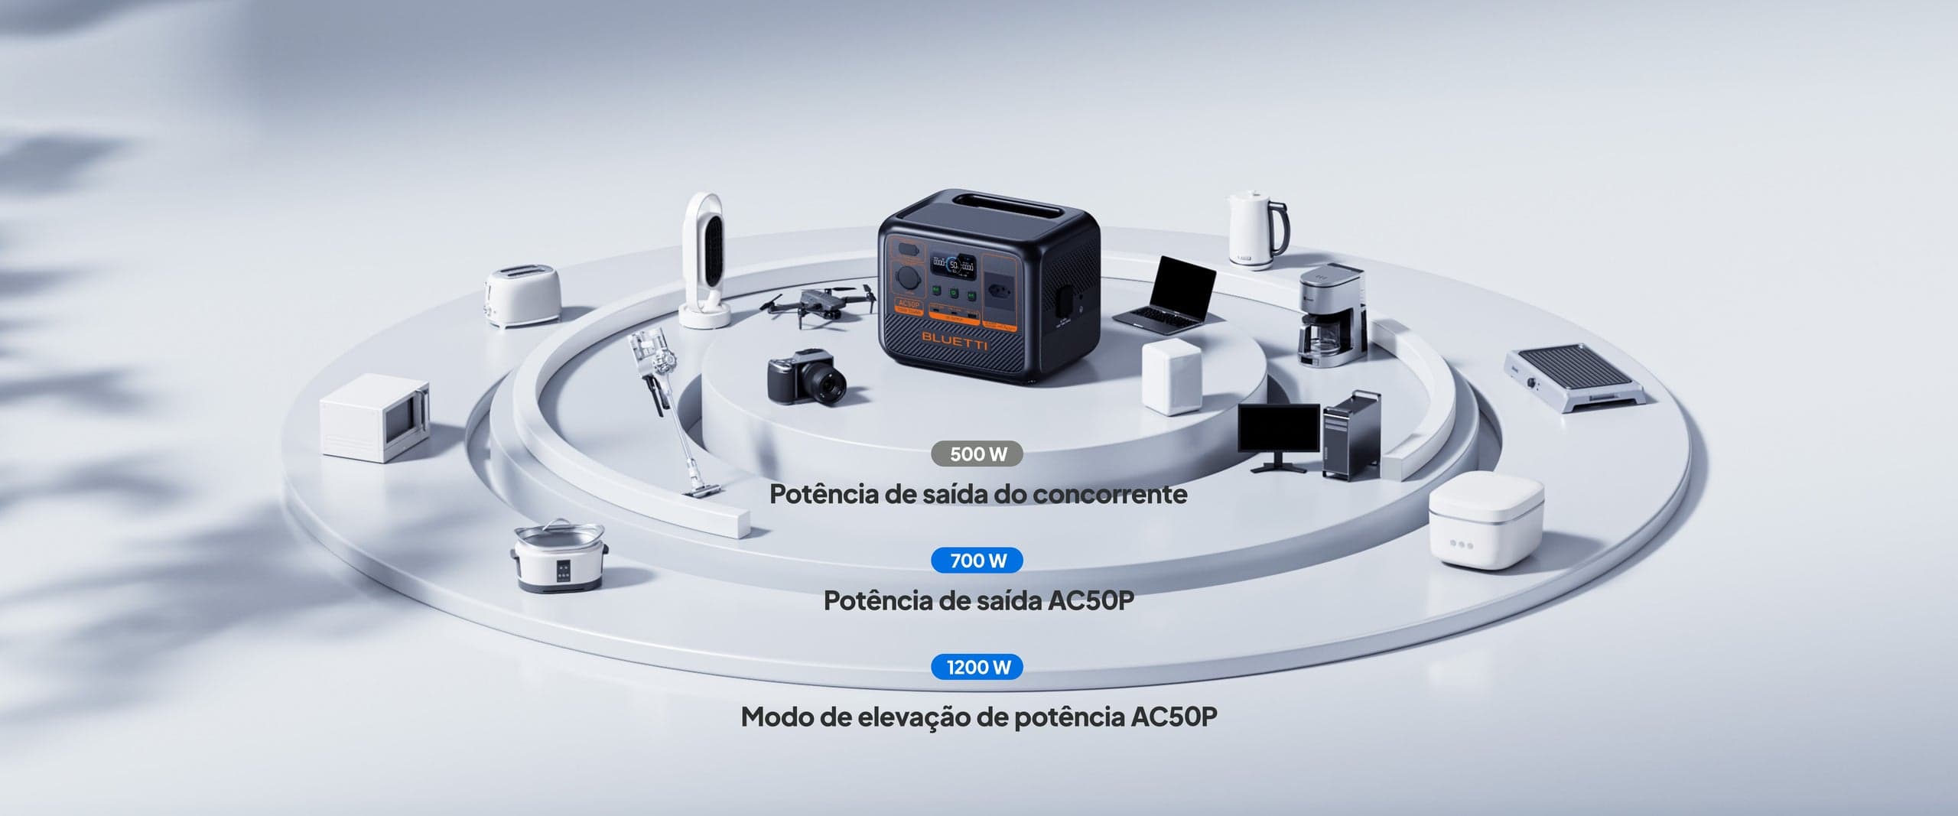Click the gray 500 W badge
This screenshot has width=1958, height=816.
pyautogui.click(x=977, y=454)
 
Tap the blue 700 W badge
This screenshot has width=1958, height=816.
pyautogui.click(x=977, y=561)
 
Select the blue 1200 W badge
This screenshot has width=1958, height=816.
pyautogui.click(x=977, y=667)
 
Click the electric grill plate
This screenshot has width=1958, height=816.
pyautogui.click(x=1576, y=379)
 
